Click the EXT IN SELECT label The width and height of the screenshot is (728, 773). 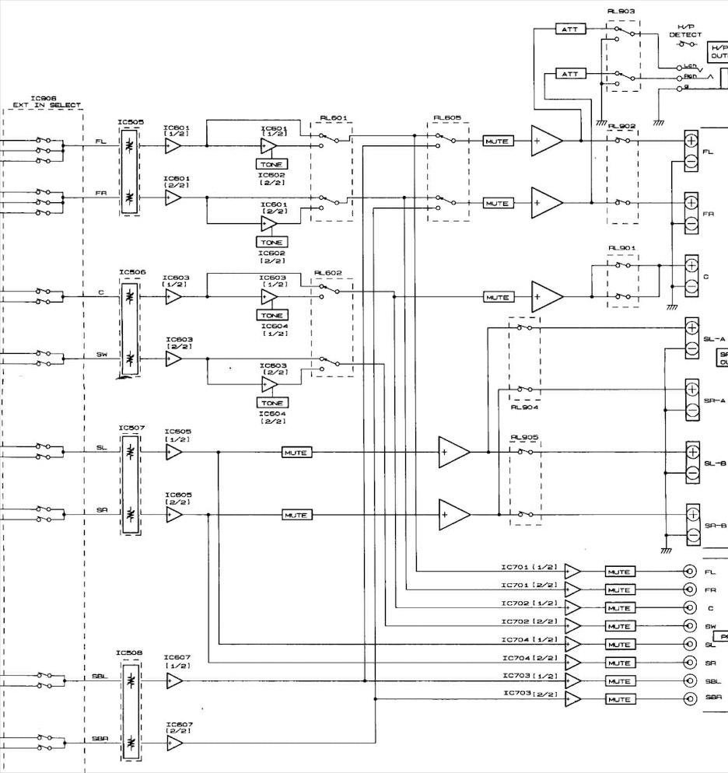[47, 106]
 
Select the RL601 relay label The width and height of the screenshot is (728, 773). [334, 119]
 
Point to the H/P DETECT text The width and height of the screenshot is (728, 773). [685, 31]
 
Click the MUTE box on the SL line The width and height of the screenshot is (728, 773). [296, 453]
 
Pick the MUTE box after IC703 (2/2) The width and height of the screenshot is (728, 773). [619, 699]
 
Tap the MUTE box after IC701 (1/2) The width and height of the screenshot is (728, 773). [619, 572]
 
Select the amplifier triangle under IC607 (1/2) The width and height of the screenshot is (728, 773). [173, 680]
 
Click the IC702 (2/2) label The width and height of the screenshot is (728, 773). [530, 621]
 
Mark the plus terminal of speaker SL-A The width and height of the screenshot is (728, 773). [691, 327]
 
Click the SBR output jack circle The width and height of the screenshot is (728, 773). [688, 698]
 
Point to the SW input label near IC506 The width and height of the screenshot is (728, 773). [102, 355]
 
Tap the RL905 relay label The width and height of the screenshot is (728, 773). [520, 437]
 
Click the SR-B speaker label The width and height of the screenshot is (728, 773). [715, 526]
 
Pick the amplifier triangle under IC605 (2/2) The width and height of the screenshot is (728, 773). [173, 515]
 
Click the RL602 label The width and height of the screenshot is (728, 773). [327, 274]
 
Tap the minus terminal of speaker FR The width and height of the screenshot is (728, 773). [691, 224]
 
